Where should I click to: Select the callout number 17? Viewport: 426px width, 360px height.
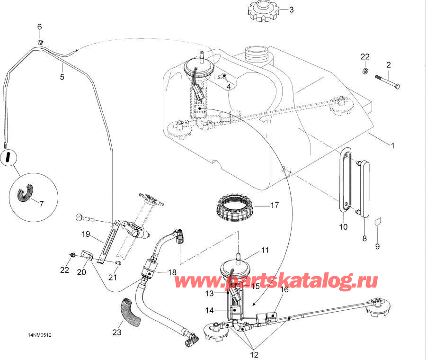click(275, 206)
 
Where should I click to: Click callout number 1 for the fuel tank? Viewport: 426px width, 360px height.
click(392, 146)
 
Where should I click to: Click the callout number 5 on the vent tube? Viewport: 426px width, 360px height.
click(62, 77)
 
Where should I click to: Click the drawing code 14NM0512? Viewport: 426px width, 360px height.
click(39, 335)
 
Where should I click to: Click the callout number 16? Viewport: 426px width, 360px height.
click(284, 290)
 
